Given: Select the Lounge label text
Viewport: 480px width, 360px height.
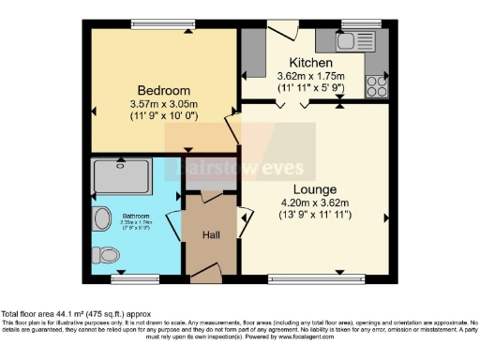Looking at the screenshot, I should tap(314, 189).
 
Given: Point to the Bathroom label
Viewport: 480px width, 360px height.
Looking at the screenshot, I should tap(138, 217).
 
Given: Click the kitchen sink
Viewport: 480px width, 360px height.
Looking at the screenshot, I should tap(344, 40).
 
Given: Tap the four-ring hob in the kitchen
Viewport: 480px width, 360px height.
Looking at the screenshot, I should tap(377, 85).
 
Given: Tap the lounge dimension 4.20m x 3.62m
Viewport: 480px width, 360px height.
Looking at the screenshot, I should tap(314, 203).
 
